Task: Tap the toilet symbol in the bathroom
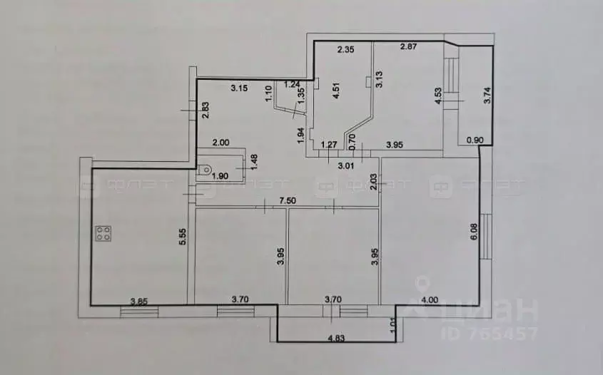[205, 170]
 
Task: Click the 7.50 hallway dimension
[288, 201]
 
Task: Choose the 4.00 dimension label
[430, 302]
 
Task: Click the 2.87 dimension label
[409, 48]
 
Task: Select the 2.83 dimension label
[204, 111]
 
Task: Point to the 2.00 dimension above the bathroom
[222, 143]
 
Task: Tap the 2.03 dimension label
[373, 187]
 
